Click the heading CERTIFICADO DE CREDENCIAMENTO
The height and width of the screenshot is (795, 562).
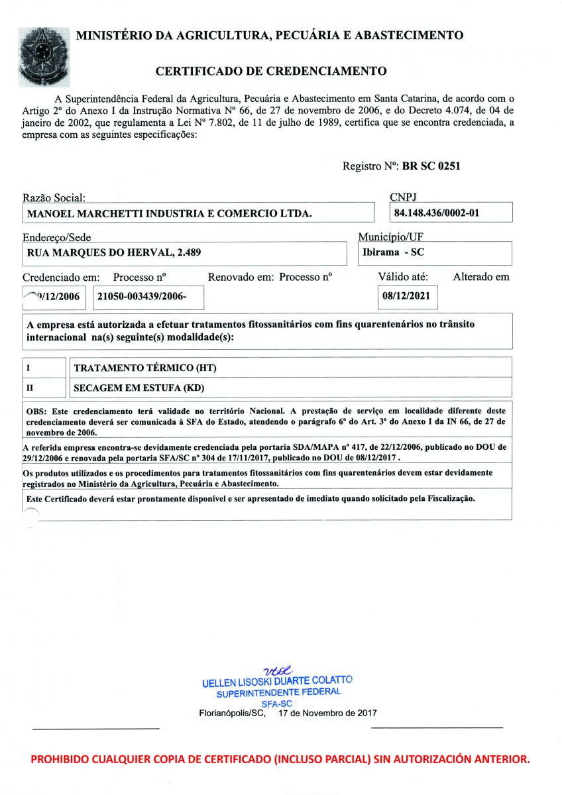[x=271, y=70]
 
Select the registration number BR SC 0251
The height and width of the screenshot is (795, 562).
[x=431, y=166]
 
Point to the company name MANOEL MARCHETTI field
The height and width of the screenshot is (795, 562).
[x=168, y=213]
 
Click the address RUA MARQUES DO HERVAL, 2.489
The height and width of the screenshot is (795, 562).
[x=114, y=252]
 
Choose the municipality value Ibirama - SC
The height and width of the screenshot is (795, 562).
[x=394, y=252]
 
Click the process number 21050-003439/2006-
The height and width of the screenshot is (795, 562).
[x=141, y=297]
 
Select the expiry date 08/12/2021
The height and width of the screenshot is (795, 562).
[x=406, y=296]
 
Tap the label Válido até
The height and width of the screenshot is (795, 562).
[x=403, y=277]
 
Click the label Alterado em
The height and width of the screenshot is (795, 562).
[x=481, y=277]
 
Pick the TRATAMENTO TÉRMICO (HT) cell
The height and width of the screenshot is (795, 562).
[x=145, y=368]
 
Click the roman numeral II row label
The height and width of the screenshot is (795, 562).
[x=30, y=387]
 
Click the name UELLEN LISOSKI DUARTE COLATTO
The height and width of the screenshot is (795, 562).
[x=277, y=681]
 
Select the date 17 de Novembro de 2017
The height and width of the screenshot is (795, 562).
[x=327, y=714]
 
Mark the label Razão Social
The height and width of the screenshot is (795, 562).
[x=54, y=197]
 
